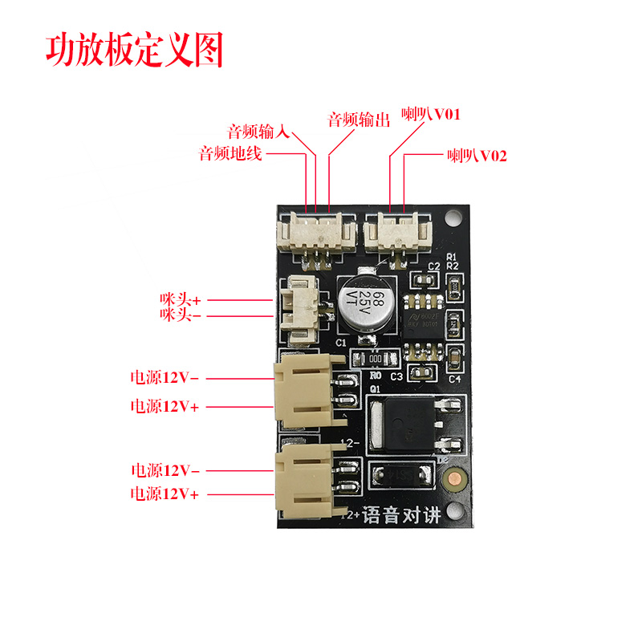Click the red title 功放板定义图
coord(133,50)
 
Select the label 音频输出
coord(359,120)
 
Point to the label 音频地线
coord(231,153)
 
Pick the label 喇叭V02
coord(477,155)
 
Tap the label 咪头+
coord(181,299)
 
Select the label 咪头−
coord(181,315)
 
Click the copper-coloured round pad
coord(454,480)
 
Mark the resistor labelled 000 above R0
coord(374,360)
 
